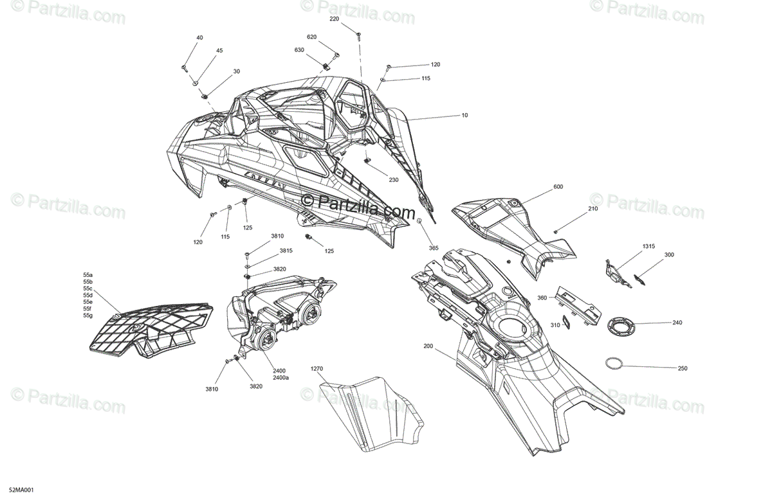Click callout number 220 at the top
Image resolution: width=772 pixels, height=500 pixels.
(334, 19)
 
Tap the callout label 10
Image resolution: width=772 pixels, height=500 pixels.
(464, 115)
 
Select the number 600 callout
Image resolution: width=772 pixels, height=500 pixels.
(558, 186)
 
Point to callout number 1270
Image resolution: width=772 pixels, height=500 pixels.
(317, 369)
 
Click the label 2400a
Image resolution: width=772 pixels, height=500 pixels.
(281, 378)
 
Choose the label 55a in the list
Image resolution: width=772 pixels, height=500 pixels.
(87, 275)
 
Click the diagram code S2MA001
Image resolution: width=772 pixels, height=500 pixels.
(21, 490)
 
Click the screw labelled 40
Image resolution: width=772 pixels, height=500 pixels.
(184, 68)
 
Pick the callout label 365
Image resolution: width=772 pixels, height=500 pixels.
(434, 248)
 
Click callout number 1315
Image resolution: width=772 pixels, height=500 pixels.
(648, 246)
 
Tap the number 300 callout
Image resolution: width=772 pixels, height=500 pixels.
(669, 255)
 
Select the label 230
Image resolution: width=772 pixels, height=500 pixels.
(393, 180)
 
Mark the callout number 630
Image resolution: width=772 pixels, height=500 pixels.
(299, 50)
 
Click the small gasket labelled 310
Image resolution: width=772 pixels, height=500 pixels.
(566, 322)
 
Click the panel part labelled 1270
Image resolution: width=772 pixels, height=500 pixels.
(371, 413)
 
